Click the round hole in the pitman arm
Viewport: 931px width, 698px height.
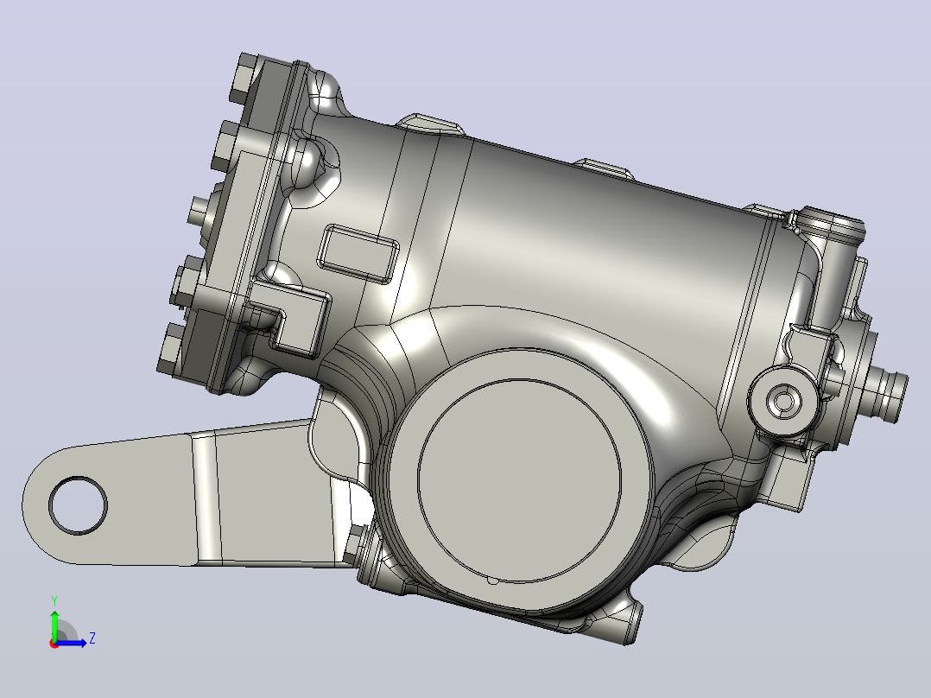(x=78, y=505)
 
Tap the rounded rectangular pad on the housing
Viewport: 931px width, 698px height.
(x=358, y=254)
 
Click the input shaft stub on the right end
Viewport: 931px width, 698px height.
(x=887, y=391)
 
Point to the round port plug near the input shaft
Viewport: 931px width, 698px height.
(x=782, y=402)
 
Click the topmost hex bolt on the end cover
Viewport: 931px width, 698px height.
(x=243, y=77)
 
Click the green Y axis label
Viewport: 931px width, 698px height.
(x=54, y=600)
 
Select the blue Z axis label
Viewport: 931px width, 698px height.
(x=92, y=638)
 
